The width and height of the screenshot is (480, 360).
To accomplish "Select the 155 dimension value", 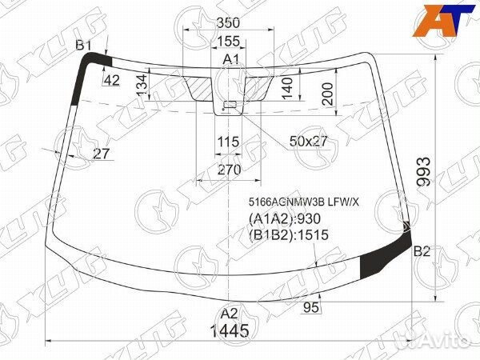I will (x=229, y=42).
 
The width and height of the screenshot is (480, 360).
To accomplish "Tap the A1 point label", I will (x=230, y=60).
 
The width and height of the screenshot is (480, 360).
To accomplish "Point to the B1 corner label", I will (x=84, y=46).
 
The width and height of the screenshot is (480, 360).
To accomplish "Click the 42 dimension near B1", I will (x=111, y=79).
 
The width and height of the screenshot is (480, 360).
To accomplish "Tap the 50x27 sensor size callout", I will (x=309, y=142).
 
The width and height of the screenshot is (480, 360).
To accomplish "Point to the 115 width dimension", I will (x=229, y=142).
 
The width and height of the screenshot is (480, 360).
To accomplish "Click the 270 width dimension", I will (x=229, y=170).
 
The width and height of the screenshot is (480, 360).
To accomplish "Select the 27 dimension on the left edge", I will (x=101, y=154).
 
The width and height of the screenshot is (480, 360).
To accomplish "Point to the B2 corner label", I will (x=422, y=251).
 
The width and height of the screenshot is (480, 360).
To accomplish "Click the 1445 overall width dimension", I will (x=230, y=330).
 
